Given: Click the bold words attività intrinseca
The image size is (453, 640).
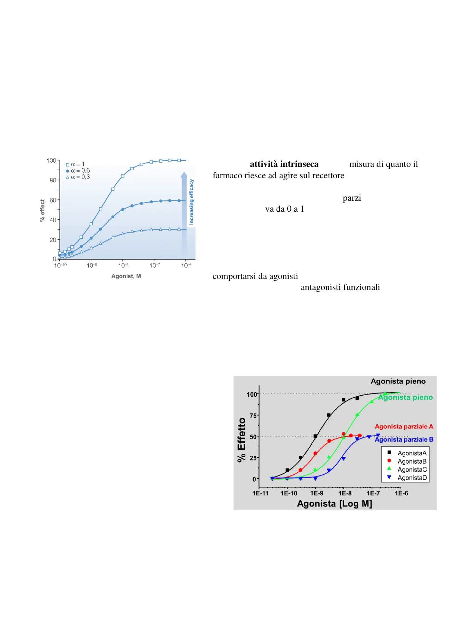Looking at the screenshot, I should pyautogui.click(x=284, y=164).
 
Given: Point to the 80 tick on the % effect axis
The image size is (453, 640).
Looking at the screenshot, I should pyautogui.click(x=52, y=180).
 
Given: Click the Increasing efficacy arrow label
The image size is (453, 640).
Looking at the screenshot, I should pyautogui.click(x=192, y=202).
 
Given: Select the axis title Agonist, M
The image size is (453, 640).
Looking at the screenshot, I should pyautogui.click(x=126, y=276).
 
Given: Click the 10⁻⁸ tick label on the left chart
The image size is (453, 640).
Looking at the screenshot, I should pyautogui.click(x=124, y=265).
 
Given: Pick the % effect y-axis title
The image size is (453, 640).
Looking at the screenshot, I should pyautogui.click(x=42, y=210).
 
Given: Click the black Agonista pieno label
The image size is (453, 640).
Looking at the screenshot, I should pyautogui.click(x=398, y=381).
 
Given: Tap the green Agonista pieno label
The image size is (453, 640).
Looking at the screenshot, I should pyautogui.click(x=405, y=398).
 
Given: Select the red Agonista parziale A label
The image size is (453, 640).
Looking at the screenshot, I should pyautogui.click(x=404, y=426).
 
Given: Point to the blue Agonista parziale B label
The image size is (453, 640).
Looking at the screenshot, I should pyautogui.click(x=404, y=439).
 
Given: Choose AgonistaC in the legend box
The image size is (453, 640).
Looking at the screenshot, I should pyautogui.click(x=412, y=470).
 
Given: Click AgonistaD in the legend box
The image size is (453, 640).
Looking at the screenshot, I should pyautogui.click(x=412, y=478).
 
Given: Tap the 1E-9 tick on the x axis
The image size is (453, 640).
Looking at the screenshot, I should pyautogui.click(x=317, y=493).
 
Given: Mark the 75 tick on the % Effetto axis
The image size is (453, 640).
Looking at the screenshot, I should pyautogui.click(x=253, y=415).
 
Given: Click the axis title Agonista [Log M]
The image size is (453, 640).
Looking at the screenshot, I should pyautogui.click(x=334, y=504).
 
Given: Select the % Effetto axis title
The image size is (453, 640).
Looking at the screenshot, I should pyautogui.click(x=242, y=440).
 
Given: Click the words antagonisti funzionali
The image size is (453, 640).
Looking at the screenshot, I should pyautogui.click(x=340, y=287).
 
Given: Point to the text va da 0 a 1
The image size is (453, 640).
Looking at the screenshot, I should pyautogui.click(x=285, y=209).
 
